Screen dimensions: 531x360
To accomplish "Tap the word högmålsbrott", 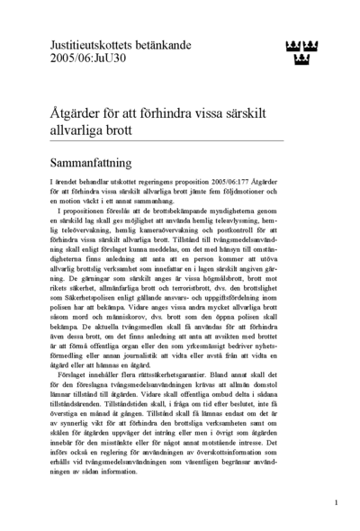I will (x=253, y=275).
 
